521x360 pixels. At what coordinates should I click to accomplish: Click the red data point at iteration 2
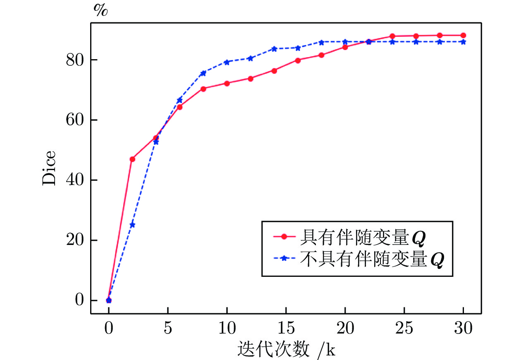132,159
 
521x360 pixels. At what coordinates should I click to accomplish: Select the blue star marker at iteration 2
132,225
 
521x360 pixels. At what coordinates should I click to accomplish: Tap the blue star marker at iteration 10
227,62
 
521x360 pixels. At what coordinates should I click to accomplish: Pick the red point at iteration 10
227,83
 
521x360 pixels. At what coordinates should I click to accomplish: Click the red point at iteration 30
463,35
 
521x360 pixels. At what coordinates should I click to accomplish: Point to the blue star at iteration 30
463,42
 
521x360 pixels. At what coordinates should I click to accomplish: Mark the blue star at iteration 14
274,49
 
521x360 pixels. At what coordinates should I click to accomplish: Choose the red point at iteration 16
298,60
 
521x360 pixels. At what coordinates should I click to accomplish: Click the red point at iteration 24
392,36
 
